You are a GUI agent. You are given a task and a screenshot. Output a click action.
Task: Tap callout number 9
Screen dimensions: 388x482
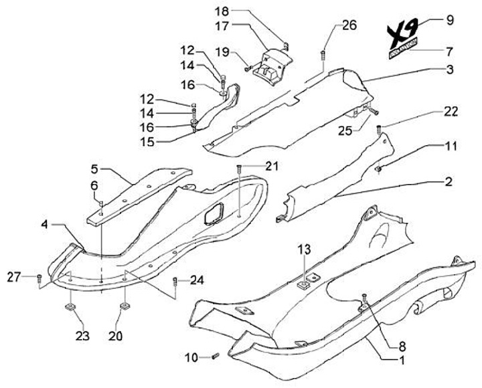(449, 19)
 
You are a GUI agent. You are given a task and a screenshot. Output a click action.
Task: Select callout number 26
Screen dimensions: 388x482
(349, 25)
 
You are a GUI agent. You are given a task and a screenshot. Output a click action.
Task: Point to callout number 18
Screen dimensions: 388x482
(222, 11)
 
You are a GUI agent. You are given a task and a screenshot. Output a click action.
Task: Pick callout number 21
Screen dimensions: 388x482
(271, 166)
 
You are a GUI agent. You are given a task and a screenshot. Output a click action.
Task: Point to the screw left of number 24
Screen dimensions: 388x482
(175, 280)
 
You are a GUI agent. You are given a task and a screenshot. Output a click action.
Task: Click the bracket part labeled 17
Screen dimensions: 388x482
(274, 64)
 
